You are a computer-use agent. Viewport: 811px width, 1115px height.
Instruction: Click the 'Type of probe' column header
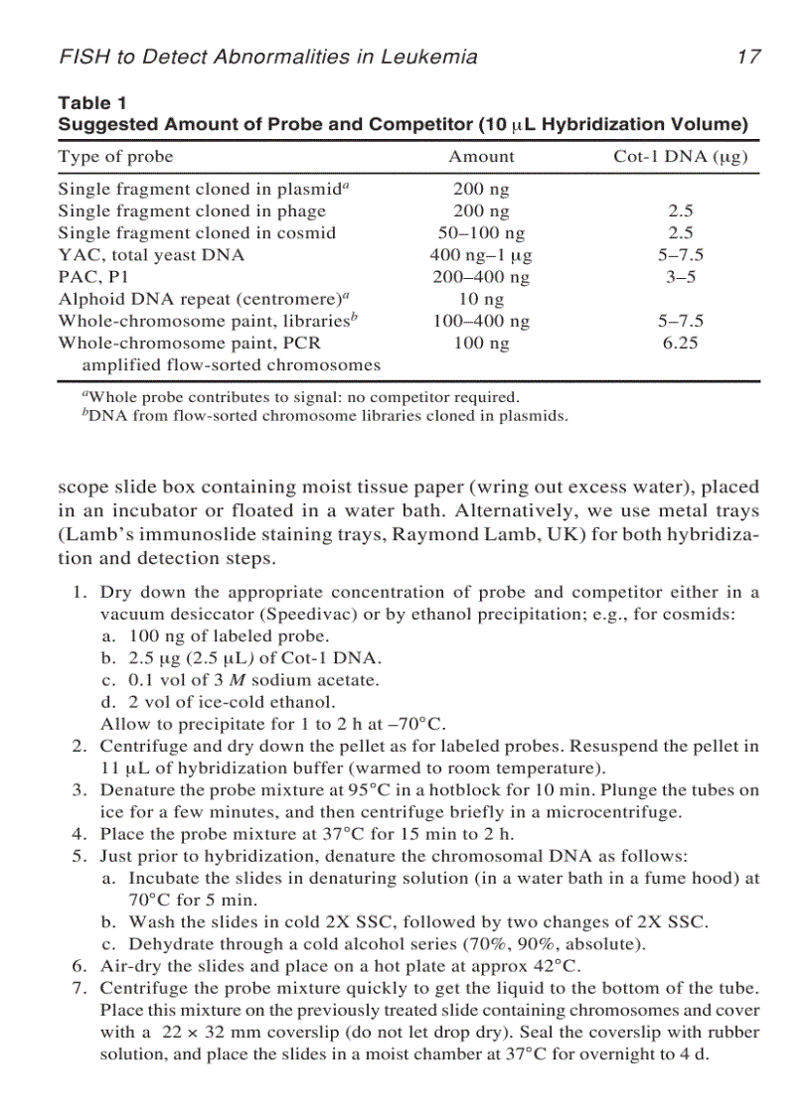tap(115, 157)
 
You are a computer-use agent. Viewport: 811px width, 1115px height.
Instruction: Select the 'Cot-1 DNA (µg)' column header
tap(681, 157)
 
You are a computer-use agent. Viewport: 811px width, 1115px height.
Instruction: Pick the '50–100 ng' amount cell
tap(482, 233)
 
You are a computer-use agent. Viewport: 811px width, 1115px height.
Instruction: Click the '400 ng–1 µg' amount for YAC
tap(482, 255)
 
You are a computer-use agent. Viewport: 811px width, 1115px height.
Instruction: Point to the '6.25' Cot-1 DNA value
tap(681, 344)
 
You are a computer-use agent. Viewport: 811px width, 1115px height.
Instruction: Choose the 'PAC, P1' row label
tap(87, 277)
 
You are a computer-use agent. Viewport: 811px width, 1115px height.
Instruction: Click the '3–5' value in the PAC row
tap(681, 277)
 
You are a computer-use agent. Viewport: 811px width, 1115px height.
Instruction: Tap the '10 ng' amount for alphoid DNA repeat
tap(482, 299)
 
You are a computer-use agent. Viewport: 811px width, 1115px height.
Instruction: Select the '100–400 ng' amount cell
tap(482, 321)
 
